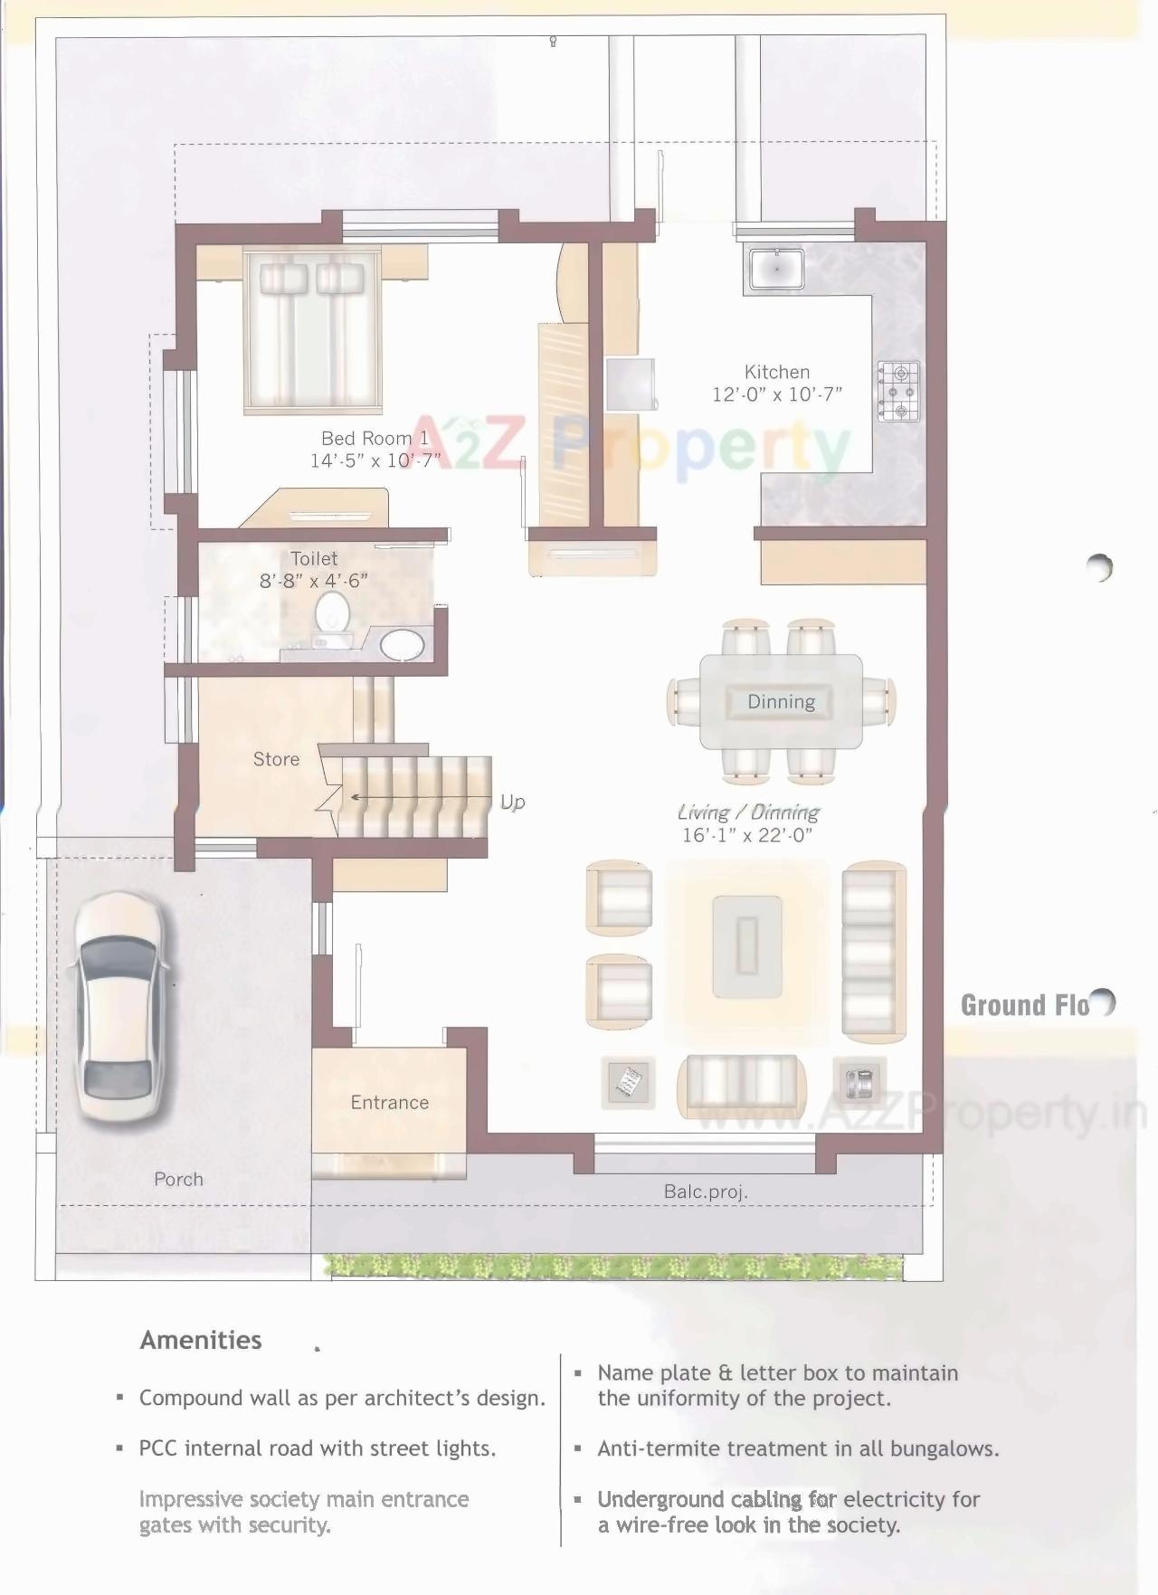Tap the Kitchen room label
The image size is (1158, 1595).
776,372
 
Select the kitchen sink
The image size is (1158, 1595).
775,269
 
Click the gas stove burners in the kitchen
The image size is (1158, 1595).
898,391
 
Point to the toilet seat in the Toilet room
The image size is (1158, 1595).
332,612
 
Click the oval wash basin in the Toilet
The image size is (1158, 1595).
402,645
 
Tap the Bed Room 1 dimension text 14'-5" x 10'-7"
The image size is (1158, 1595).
375,460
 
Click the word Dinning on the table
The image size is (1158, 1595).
781,702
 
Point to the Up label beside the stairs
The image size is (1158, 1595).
512,802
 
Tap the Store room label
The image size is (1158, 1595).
276,759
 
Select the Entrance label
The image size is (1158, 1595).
389,1102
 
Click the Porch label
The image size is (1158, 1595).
178,1179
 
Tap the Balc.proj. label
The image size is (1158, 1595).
705,1192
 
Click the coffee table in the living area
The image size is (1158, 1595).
746,945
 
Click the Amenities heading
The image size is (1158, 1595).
200,1340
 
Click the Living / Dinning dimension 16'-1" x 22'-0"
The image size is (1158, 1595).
746,835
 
